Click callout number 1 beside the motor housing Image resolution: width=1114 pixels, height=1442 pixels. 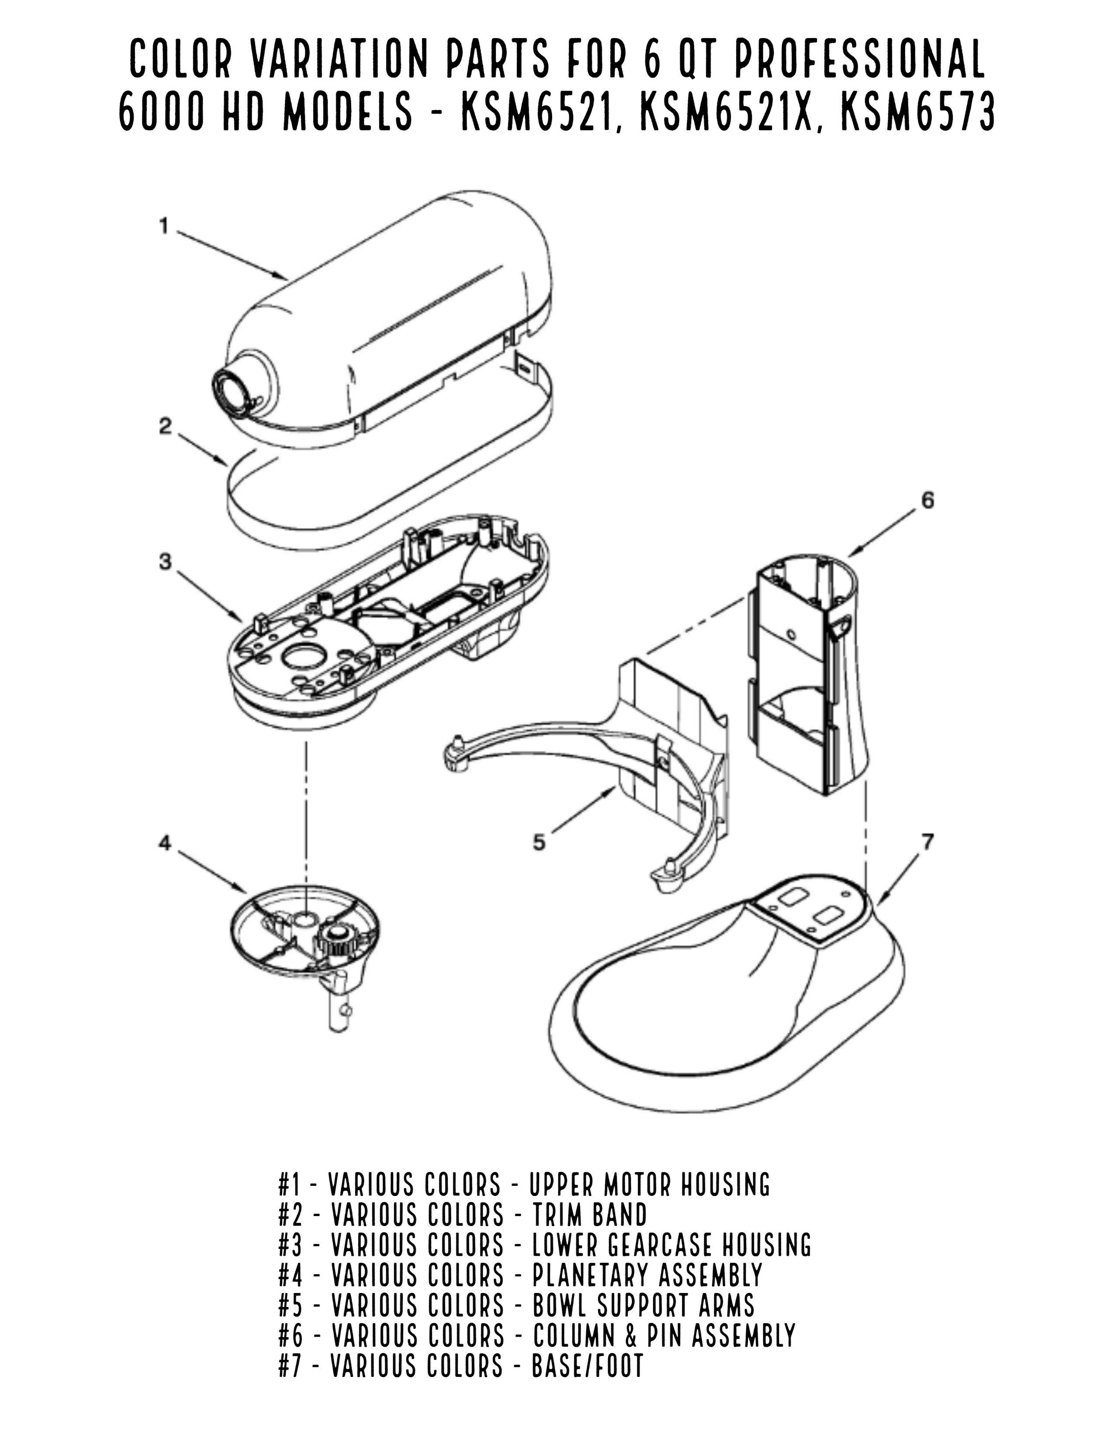click(164, 226)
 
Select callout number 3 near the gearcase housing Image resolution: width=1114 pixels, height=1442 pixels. click(165, 562)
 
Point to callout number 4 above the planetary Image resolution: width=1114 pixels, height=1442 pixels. click(165, 843)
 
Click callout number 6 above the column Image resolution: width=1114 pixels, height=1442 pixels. click(927, 500)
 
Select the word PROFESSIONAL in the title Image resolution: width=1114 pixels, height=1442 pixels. click(858, 59)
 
